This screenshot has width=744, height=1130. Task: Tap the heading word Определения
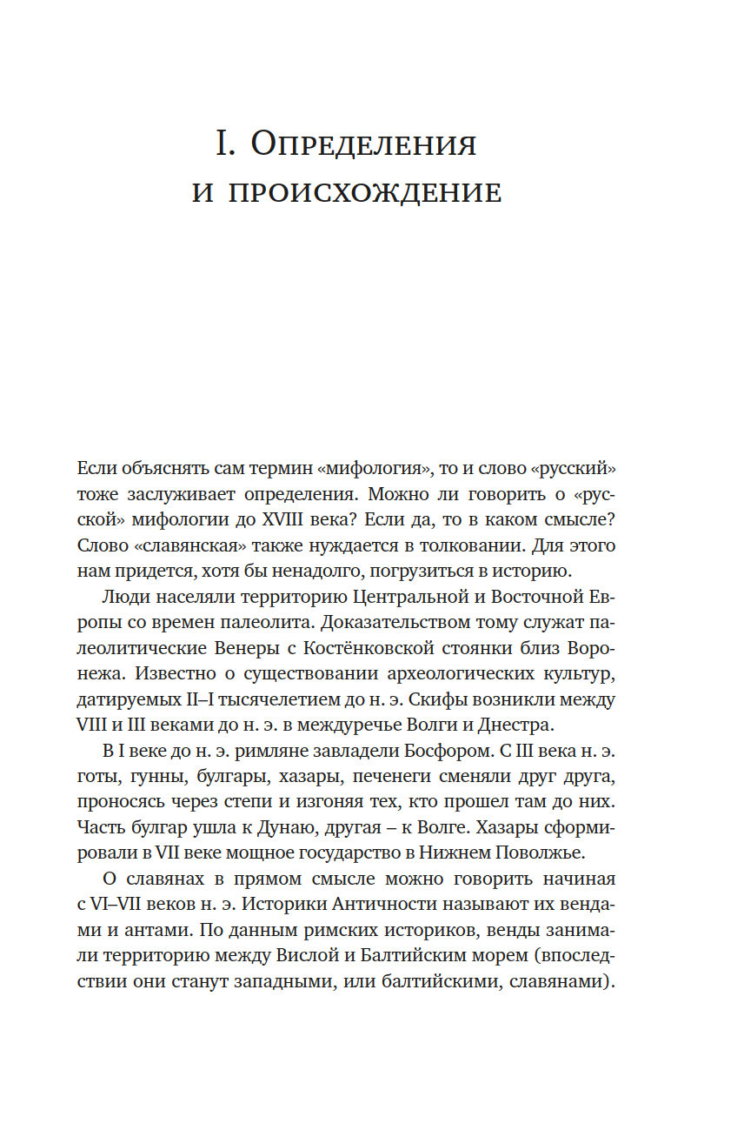coord(363,144)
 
